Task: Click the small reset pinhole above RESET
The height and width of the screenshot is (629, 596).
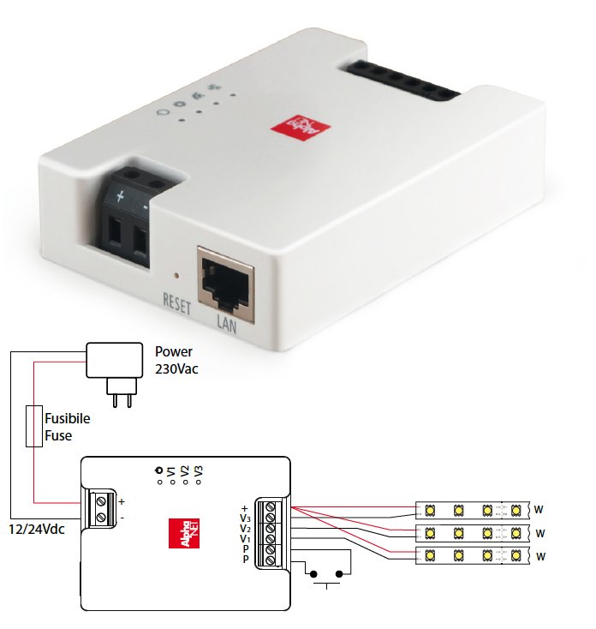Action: point(176,277)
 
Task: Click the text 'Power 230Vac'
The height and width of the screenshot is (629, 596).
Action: point(178,359)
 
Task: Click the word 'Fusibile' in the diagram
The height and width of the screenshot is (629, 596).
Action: point(68,420)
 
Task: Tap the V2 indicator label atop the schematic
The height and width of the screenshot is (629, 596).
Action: point(185,473)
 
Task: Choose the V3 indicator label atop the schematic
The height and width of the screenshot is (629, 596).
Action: point(199,473)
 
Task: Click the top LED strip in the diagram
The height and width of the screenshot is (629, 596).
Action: point(472,510)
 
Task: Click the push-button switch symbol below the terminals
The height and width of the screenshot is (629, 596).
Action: point(329,574)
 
